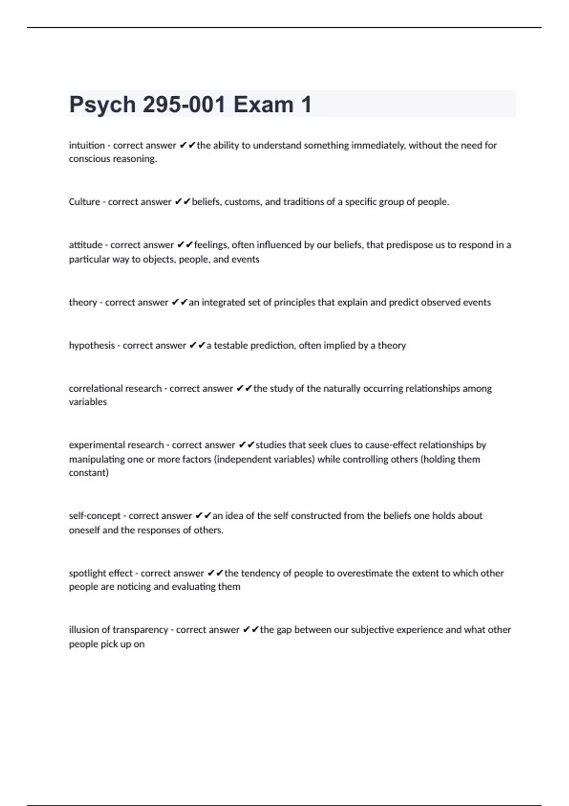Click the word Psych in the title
point(102,105)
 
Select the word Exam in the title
point(263,105)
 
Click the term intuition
point(87,146)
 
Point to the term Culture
point(84,202)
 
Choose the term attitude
point(85,245)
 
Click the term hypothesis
point(92,346)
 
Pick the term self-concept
point(94,516)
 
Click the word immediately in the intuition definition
point(378,146)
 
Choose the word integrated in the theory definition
point(221,302)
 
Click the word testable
point(231,346)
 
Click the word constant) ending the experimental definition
point(89,473)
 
